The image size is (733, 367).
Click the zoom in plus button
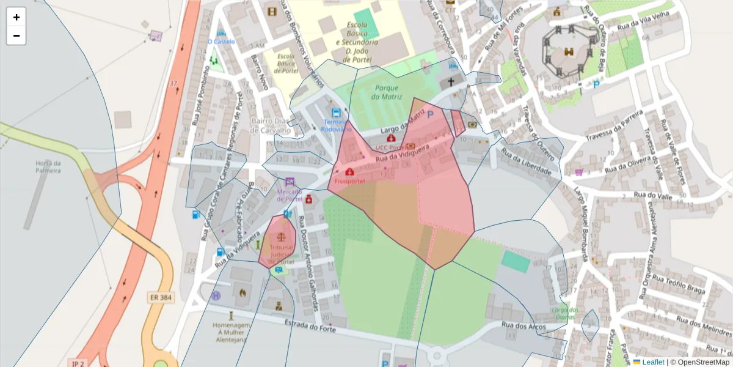[16, 17]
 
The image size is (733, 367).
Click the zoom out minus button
[16, 35]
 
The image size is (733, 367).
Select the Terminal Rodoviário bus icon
[336, 113]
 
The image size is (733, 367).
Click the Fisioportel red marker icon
[349, 172]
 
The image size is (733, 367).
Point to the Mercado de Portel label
[290, 195]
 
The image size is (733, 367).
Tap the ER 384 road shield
[161, 298]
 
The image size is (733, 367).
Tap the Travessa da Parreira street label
[614, 125]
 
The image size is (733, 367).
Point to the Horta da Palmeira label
[48, 166]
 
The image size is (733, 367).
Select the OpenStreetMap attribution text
[702, 361]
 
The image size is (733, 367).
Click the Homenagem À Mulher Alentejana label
[230, 332]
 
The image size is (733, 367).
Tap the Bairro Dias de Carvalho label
[269, 125]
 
